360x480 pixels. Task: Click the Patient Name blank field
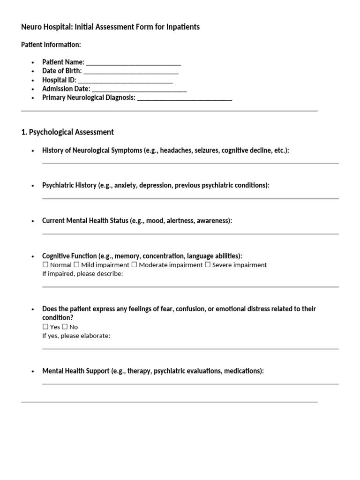pyautogui.click(x=134, y=62)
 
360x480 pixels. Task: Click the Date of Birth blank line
pyautogui.click(x=131, y=71)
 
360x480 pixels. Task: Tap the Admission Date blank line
pyautogui.click(x=139, y=89)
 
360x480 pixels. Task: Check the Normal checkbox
pyautogui.click(x=45, y=265)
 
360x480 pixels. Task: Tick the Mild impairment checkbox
pyautogui.click(x=77, y=265)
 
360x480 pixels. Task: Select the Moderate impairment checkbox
pyautogui.click(x=135, y=265)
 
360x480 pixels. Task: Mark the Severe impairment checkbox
pyautogui.click(x=208, y=265)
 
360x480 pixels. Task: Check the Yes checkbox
pyautogui.click(x=45, y=327)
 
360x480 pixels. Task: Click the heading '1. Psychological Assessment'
pyautogui.click(x=67, y=132)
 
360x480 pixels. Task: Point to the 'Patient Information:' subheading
pyautogui.click(x=51, y=45)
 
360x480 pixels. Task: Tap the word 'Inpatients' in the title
pyautogui.click(x=183, y=27)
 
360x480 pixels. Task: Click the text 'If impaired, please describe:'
pyautogui.click(x=82, y=274)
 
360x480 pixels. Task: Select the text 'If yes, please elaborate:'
pyautogui.click(x=76, y=336)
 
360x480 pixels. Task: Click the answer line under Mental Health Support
pyautogui.click(x=190, y=384)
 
